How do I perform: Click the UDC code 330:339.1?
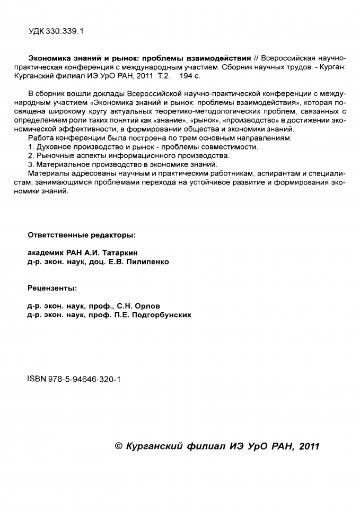point(66,31)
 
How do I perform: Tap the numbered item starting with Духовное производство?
point(143,146)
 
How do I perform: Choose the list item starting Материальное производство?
point(123,164)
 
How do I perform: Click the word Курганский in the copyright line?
point(154,446)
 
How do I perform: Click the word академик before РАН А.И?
point(46,253)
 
